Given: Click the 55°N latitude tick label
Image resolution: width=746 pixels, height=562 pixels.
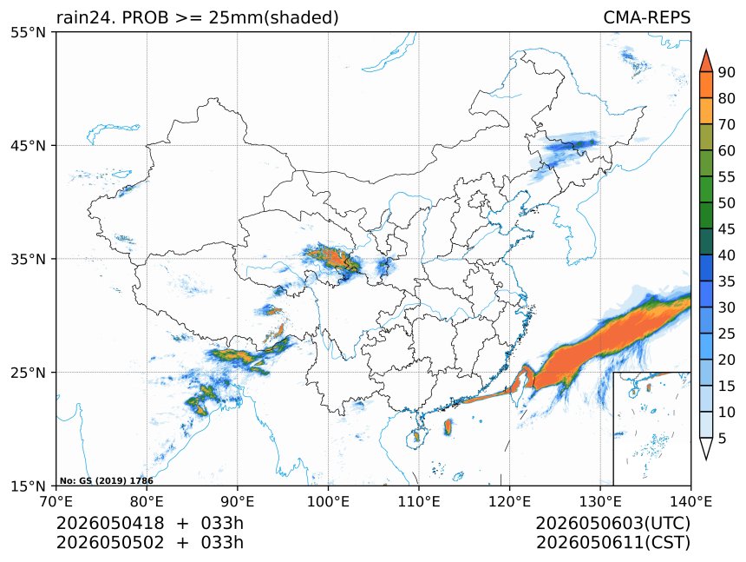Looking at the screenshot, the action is (x=28, y=32).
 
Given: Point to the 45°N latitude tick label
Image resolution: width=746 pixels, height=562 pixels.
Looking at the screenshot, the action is (x=28, y=145).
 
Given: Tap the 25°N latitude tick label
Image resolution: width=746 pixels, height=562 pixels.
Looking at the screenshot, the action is (x=28, y=373).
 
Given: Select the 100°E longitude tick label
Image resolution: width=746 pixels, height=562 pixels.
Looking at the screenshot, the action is (x=328, y=501).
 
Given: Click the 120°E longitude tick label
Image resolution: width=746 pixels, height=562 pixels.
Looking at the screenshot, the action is (x=509, y=501).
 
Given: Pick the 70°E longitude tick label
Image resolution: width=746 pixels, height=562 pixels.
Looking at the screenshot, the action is (x=56, y=501).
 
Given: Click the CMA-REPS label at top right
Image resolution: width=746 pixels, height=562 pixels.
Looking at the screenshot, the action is (x=646, y=17).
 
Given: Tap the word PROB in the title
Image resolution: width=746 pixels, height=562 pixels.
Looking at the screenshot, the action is (x=146, y=17).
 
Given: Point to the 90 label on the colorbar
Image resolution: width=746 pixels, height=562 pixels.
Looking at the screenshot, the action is (x=727, y=72).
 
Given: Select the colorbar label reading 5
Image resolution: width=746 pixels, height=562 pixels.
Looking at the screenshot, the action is (x=723, y=438).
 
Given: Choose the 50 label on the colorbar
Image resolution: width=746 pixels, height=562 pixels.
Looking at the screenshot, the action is (x=727, y=203).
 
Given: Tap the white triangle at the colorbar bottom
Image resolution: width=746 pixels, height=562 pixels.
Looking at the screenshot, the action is (x=706, y=447).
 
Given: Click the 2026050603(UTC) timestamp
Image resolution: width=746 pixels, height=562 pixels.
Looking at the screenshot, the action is (x=612, y=523).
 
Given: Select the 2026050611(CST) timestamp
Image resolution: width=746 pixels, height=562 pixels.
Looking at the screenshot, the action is (x=612, y=543).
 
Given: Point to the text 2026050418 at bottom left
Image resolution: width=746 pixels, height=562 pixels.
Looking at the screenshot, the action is (x=110, y=523).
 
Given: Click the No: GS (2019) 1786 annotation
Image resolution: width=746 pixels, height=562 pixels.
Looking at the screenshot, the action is (x=107, y=481).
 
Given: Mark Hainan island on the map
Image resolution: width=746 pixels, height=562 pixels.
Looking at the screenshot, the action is (x=416, y=437).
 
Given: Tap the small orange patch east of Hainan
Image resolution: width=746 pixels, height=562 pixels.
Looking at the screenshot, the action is (x=448, y=427).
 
